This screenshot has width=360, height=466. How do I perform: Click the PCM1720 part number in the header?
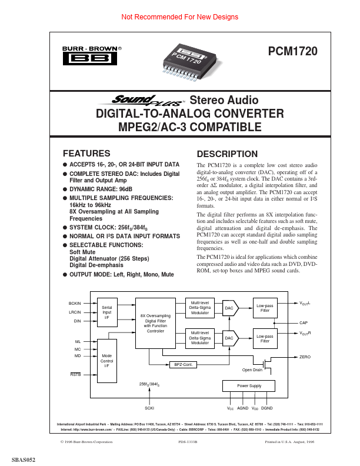tap(292, 51)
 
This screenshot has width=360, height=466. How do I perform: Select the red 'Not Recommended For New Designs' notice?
tap(179, 17)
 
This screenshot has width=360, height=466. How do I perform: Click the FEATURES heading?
tap(86, 152)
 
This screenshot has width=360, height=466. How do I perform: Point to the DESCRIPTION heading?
tap(227, 154)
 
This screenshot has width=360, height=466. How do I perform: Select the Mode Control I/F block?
tap(107, 361)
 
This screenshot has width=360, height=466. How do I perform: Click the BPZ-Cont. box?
tap(184, 365)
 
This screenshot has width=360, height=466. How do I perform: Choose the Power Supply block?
tap(249, 386)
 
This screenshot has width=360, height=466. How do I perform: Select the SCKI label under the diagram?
tap(149, 407)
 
